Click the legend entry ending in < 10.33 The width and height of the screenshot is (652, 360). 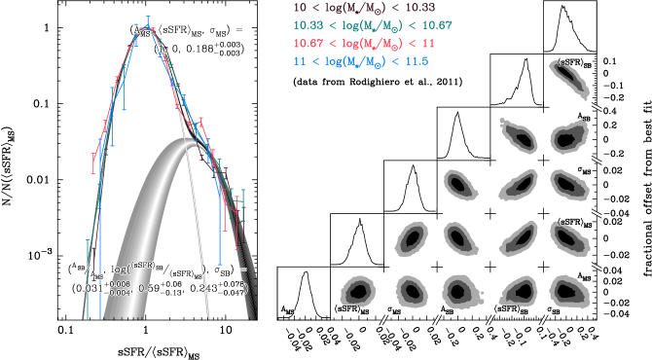[x=358, y=8]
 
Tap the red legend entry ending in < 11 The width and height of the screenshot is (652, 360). [x=358, y=44]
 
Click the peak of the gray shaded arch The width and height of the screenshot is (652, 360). [x=185, y=142]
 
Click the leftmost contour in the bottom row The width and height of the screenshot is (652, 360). [x=358, y=291]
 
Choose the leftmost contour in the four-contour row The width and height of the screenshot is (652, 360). [x=411, y=236]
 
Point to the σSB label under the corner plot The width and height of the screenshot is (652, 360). [x=553, y=311]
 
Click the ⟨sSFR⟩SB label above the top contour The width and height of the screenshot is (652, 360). [x=571, y=63]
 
